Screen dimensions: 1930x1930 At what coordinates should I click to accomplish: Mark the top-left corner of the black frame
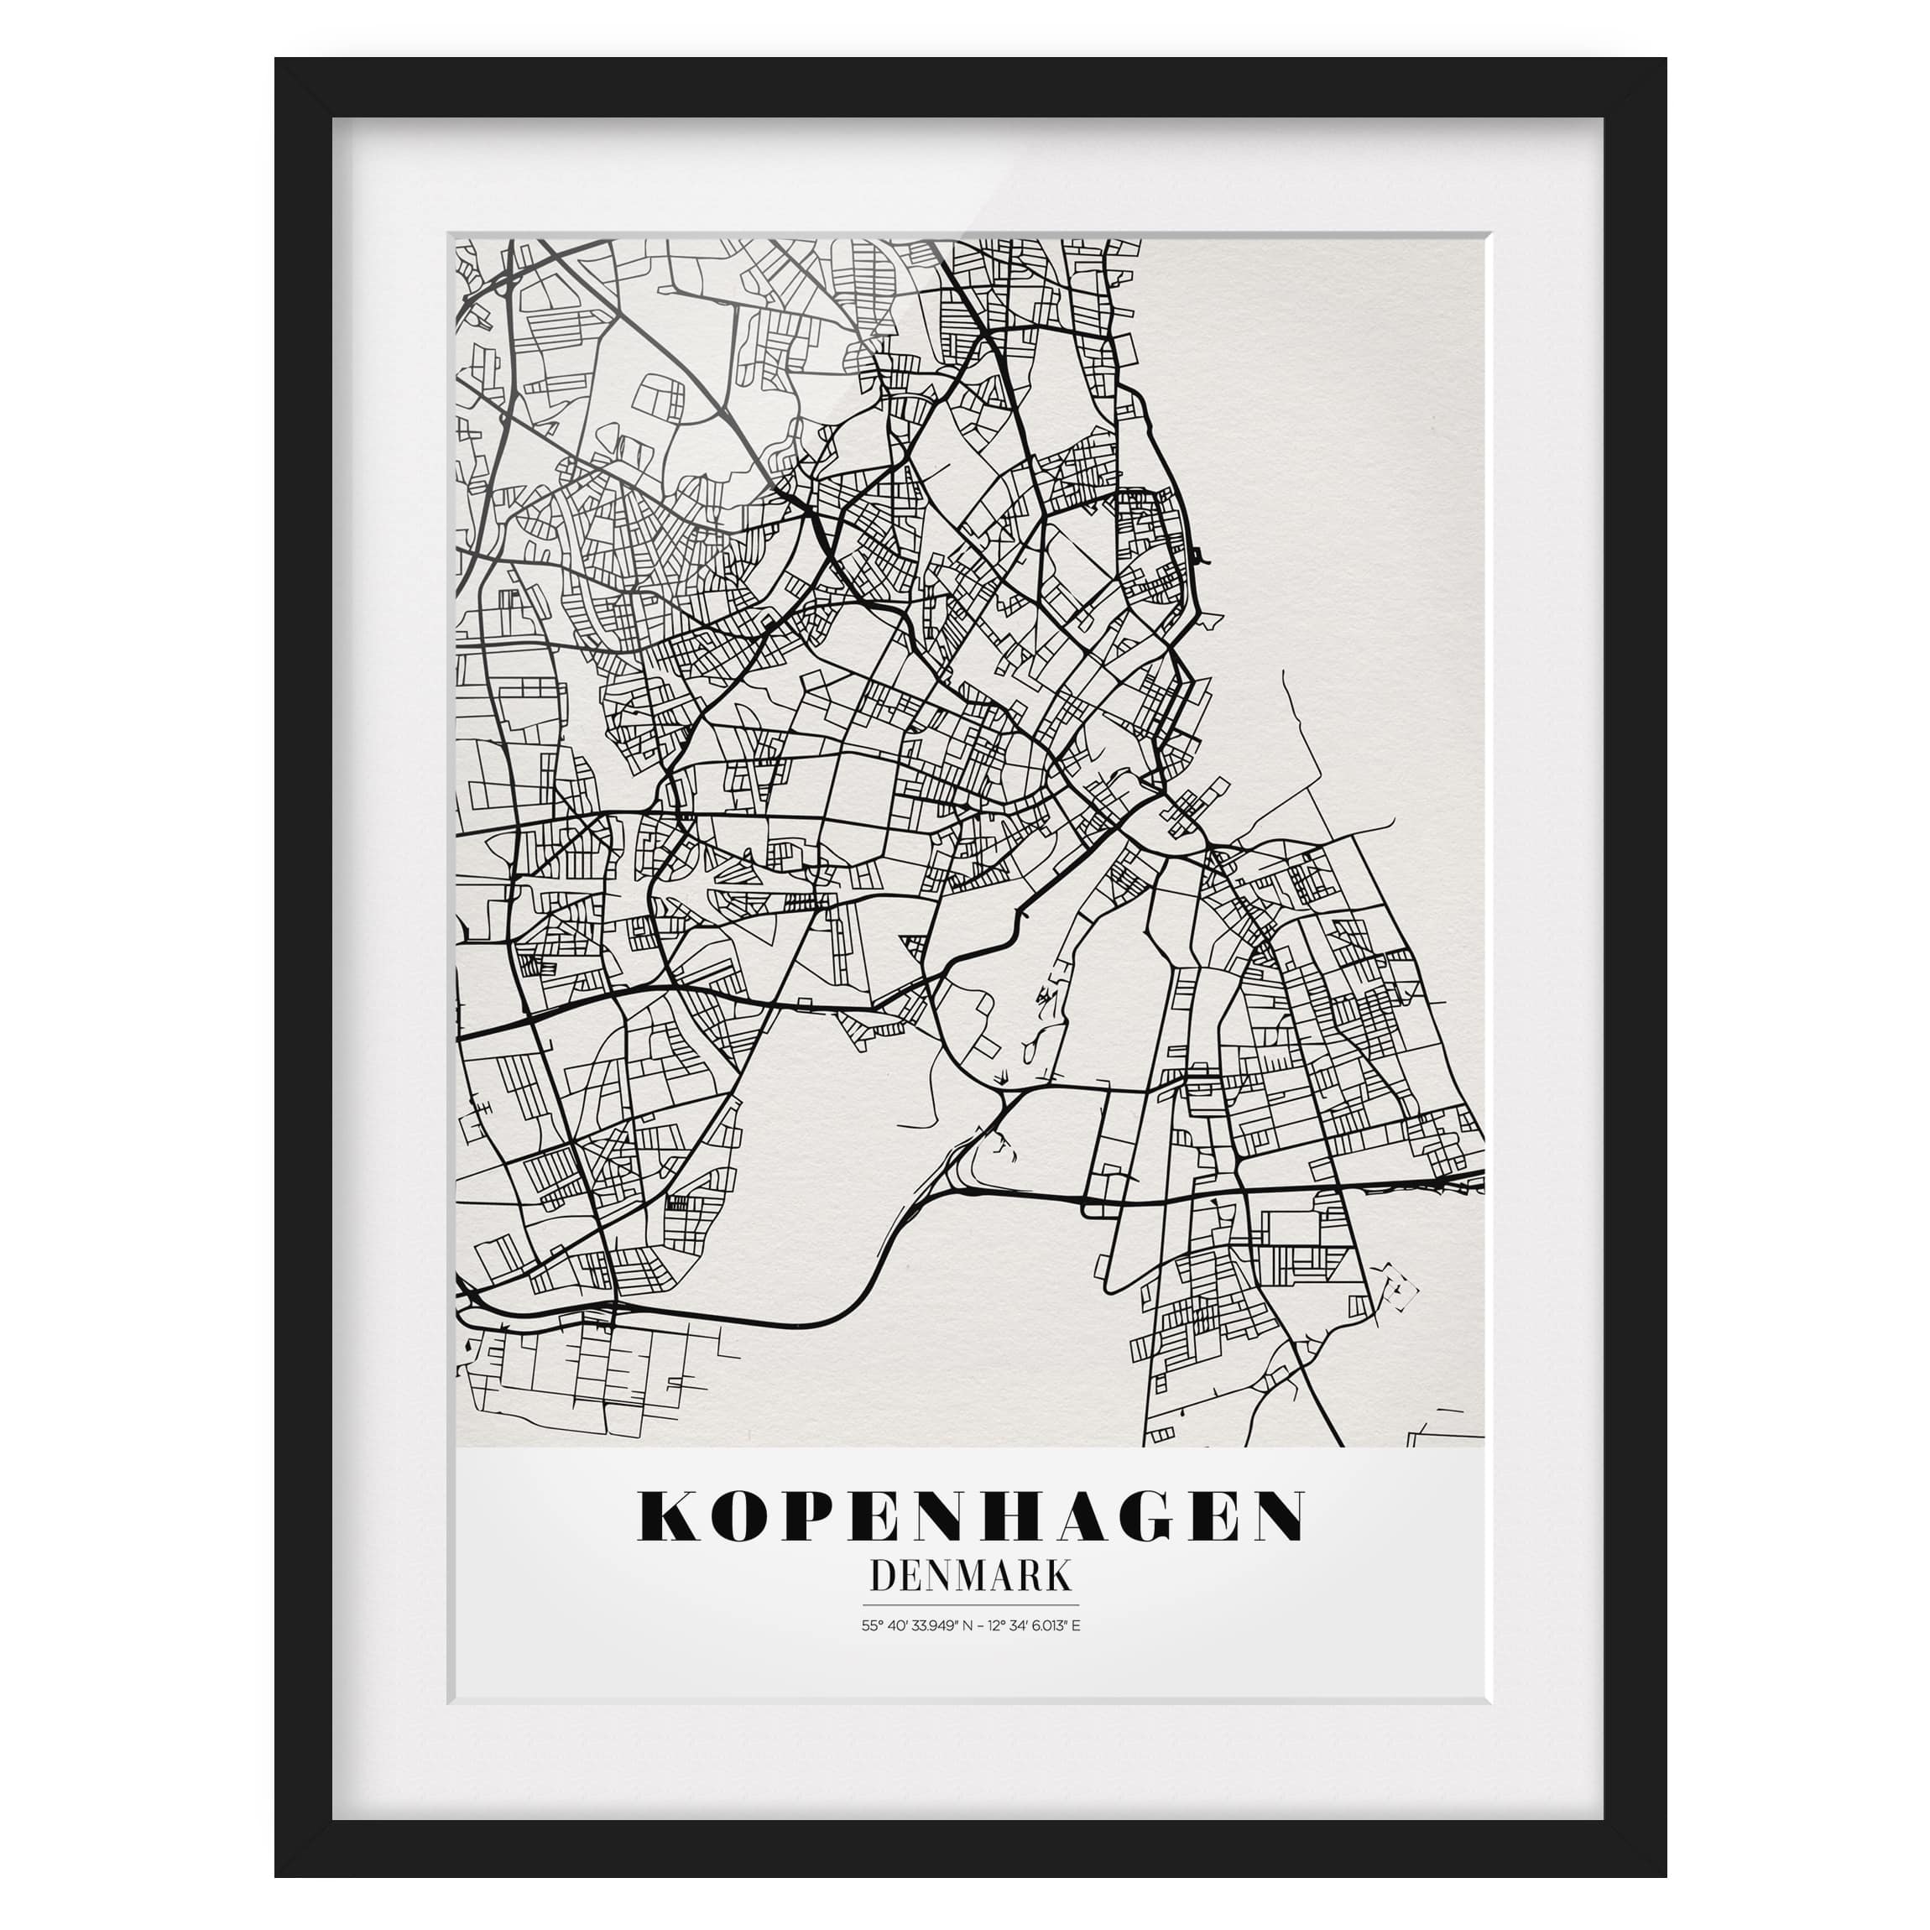[x=278, y=60]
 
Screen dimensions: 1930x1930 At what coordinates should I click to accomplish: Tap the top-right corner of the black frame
[x=1664, y=60]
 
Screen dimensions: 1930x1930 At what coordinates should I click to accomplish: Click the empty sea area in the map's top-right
[x=1348, y=399]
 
